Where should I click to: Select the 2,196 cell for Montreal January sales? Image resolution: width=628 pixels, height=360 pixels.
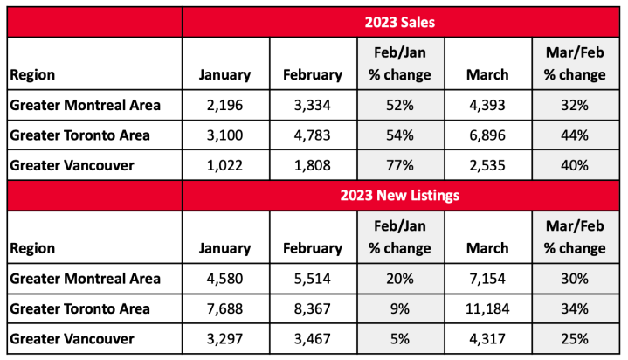pos(226,107)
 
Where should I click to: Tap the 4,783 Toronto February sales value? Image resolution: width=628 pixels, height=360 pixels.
pos(313,135)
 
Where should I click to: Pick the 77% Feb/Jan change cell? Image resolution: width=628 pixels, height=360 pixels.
pos(399,165)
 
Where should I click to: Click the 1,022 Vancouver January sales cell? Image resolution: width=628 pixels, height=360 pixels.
pos(226,165)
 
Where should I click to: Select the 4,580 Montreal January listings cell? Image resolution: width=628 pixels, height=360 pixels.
pos(226,280)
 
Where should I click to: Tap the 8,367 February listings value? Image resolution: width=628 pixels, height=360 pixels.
pos(313,308)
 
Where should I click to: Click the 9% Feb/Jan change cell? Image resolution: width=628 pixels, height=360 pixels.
pos(399,308)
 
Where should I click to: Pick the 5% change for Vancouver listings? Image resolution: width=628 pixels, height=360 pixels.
pos(399,337)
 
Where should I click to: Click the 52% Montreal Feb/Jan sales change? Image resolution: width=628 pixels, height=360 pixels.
pos(399,107)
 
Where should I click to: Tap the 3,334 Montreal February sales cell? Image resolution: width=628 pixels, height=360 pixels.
pos(313,107)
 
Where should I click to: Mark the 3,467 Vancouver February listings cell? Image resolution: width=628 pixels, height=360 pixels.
pos(313,337)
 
